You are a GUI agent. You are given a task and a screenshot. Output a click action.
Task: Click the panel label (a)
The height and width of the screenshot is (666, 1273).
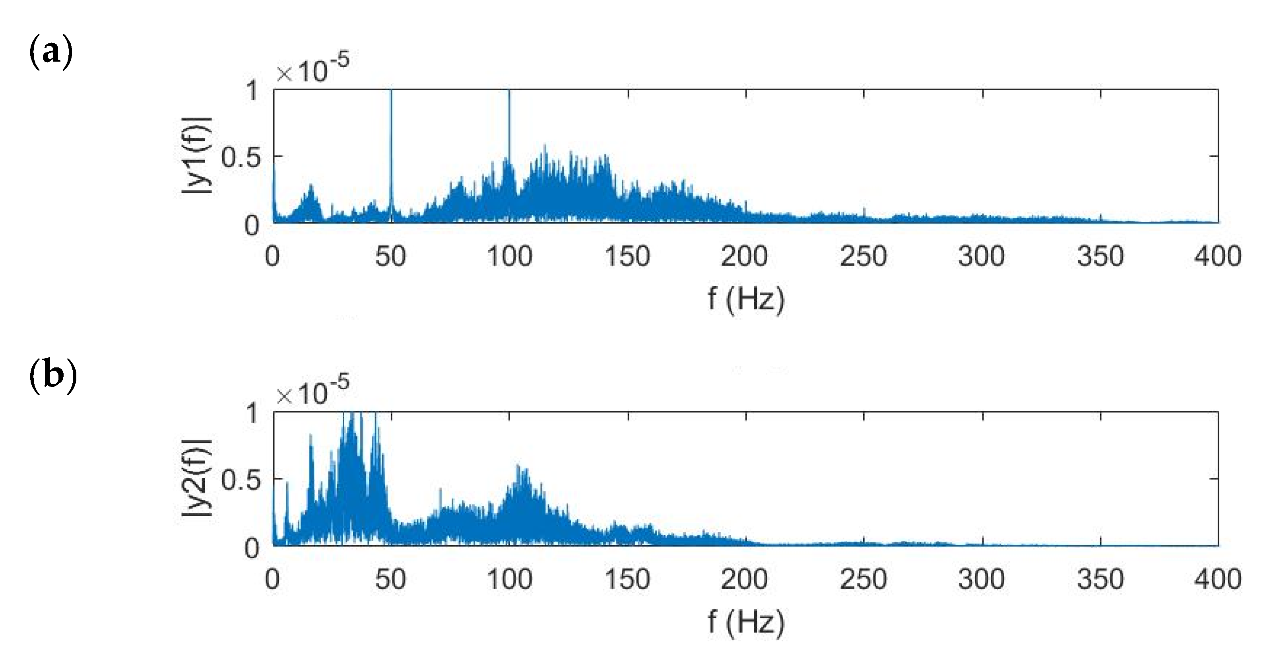click(x=51, y=52)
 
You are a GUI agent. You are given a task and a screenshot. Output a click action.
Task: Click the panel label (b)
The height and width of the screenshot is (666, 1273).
click(x=53, y=375)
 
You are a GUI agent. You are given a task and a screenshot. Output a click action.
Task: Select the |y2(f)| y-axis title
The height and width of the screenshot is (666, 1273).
click(x=197, y=478)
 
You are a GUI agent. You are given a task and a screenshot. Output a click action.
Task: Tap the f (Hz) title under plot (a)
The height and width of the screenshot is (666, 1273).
click(x=746, y=299)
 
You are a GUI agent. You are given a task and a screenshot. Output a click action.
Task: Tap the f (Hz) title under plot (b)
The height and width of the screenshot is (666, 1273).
click(x=746, y=621)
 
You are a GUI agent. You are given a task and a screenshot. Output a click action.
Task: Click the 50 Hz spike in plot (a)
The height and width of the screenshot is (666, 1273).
click(x=391, y=148)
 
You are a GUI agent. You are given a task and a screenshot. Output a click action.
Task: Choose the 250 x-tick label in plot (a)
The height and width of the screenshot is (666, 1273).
click(x=864, y=256)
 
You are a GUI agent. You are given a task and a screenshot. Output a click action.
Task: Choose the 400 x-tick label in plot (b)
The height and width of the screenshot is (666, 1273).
click(x=1218, y=579)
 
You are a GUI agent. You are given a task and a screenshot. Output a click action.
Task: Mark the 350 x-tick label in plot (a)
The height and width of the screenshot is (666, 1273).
click(x=1100, y=256)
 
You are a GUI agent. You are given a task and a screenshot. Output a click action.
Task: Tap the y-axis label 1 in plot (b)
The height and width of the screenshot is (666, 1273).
click(x=252, y=413)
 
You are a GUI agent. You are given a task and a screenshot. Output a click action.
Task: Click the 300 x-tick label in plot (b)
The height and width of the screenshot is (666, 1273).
click(x=982, y=579)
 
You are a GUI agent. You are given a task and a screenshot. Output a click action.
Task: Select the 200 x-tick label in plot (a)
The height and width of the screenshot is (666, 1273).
click(x=744, y=256)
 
